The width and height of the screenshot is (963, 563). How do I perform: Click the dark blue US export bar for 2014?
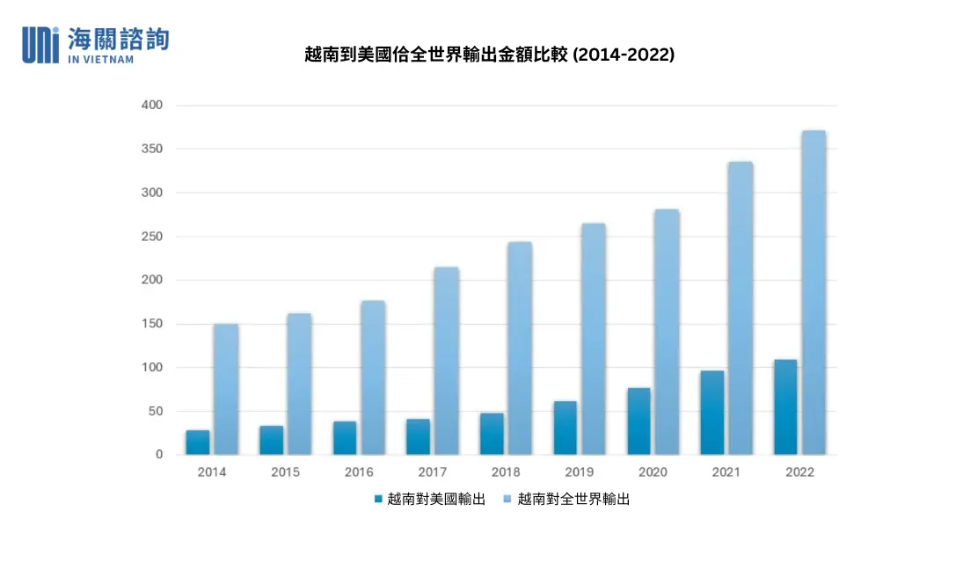198,442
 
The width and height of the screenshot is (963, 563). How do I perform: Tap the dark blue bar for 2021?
712,413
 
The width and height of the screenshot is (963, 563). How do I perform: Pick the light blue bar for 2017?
447,361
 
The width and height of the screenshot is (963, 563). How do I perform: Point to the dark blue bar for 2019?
565,428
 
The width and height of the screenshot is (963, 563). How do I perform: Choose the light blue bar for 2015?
299,384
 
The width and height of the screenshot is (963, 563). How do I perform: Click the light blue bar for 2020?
667,332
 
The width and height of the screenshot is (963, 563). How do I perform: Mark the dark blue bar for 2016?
345,438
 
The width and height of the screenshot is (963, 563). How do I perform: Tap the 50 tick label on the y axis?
156,411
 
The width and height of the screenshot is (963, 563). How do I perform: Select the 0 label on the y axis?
159,455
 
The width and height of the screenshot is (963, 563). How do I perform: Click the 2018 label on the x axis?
506,472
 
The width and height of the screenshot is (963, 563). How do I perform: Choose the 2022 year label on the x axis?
799,472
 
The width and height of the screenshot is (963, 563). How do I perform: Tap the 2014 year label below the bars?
212,472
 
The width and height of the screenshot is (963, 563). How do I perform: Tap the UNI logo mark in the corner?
40,44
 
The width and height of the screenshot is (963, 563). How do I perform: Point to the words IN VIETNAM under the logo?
100,59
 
